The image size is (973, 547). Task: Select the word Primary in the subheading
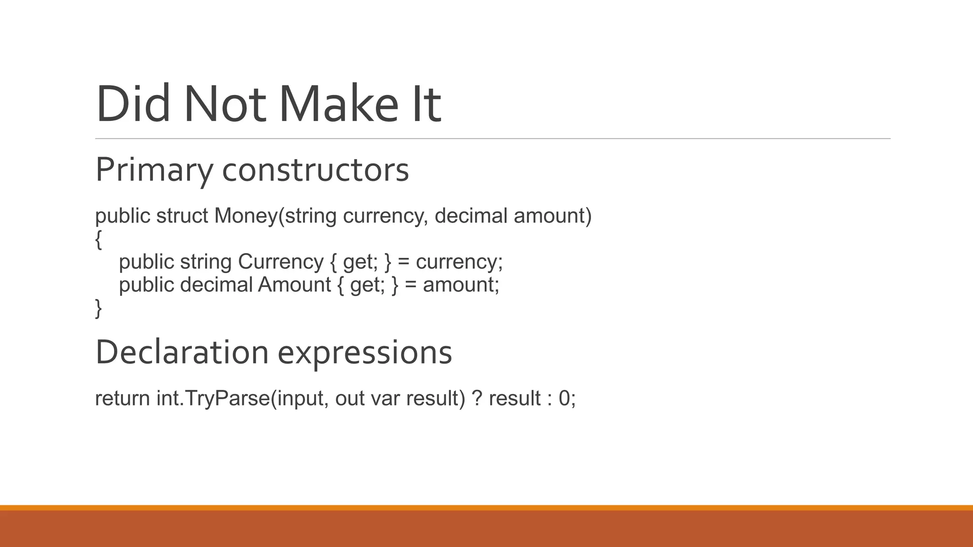tap(153, 170)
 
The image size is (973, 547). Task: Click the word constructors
tap(315, 170)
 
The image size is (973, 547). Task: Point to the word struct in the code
tap(182, 216)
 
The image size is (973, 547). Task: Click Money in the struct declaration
tap(245, 216)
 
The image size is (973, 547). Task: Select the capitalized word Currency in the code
tap(281, 262)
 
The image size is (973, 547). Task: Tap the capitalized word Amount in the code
tap(294, 285)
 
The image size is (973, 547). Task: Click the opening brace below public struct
tap(98, 239)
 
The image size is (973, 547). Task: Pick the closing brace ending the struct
tap(98, 308)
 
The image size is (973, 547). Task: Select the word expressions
tap(364, 352)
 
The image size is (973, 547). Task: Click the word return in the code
tap(123, 398)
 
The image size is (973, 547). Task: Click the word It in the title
tap(427, 104)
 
